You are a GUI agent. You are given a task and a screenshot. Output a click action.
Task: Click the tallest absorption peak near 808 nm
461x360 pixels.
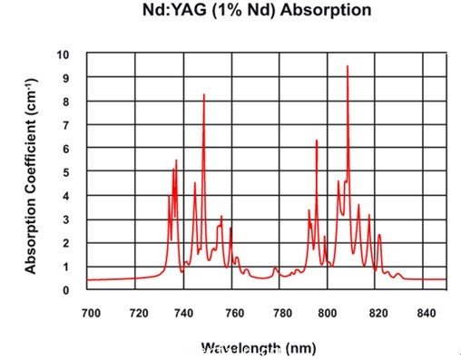[x=347, y=66]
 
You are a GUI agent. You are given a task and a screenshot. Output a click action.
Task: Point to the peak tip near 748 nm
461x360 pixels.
[x=204, y=95]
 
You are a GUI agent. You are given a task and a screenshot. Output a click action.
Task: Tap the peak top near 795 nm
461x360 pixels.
[x=317, y=141]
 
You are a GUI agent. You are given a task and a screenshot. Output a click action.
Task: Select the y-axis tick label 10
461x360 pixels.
[x=62, y=54]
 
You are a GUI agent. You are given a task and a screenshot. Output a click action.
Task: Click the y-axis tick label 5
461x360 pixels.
[x=66, y=172]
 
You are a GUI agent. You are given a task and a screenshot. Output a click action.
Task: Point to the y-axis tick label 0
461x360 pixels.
[x=66, y=290]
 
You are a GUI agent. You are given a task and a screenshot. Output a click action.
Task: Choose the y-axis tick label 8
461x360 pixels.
[x=66, y=102]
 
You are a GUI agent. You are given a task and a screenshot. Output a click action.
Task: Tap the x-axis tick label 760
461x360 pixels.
[x=233, y=313]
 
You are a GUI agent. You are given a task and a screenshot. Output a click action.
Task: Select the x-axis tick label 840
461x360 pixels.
[x=424, y=313]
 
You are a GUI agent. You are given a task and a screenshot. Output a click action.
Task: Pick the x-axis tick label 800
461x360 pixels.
[x=329, y=313]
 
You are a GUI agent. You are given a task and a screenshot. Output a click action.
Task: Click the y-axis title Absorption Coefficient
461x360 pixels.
[x=31, y=172]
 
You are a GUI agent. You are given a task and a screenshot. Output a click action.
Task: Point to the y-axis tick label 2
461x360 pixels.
[x=66, y=243]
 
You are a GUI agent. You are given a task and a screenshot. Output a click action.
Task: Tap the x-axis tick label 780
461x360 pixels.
[x=281, y=313]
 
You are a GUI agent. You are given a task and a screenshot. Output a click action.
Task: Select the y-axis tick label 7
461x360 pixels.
[x=66, y=125]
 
